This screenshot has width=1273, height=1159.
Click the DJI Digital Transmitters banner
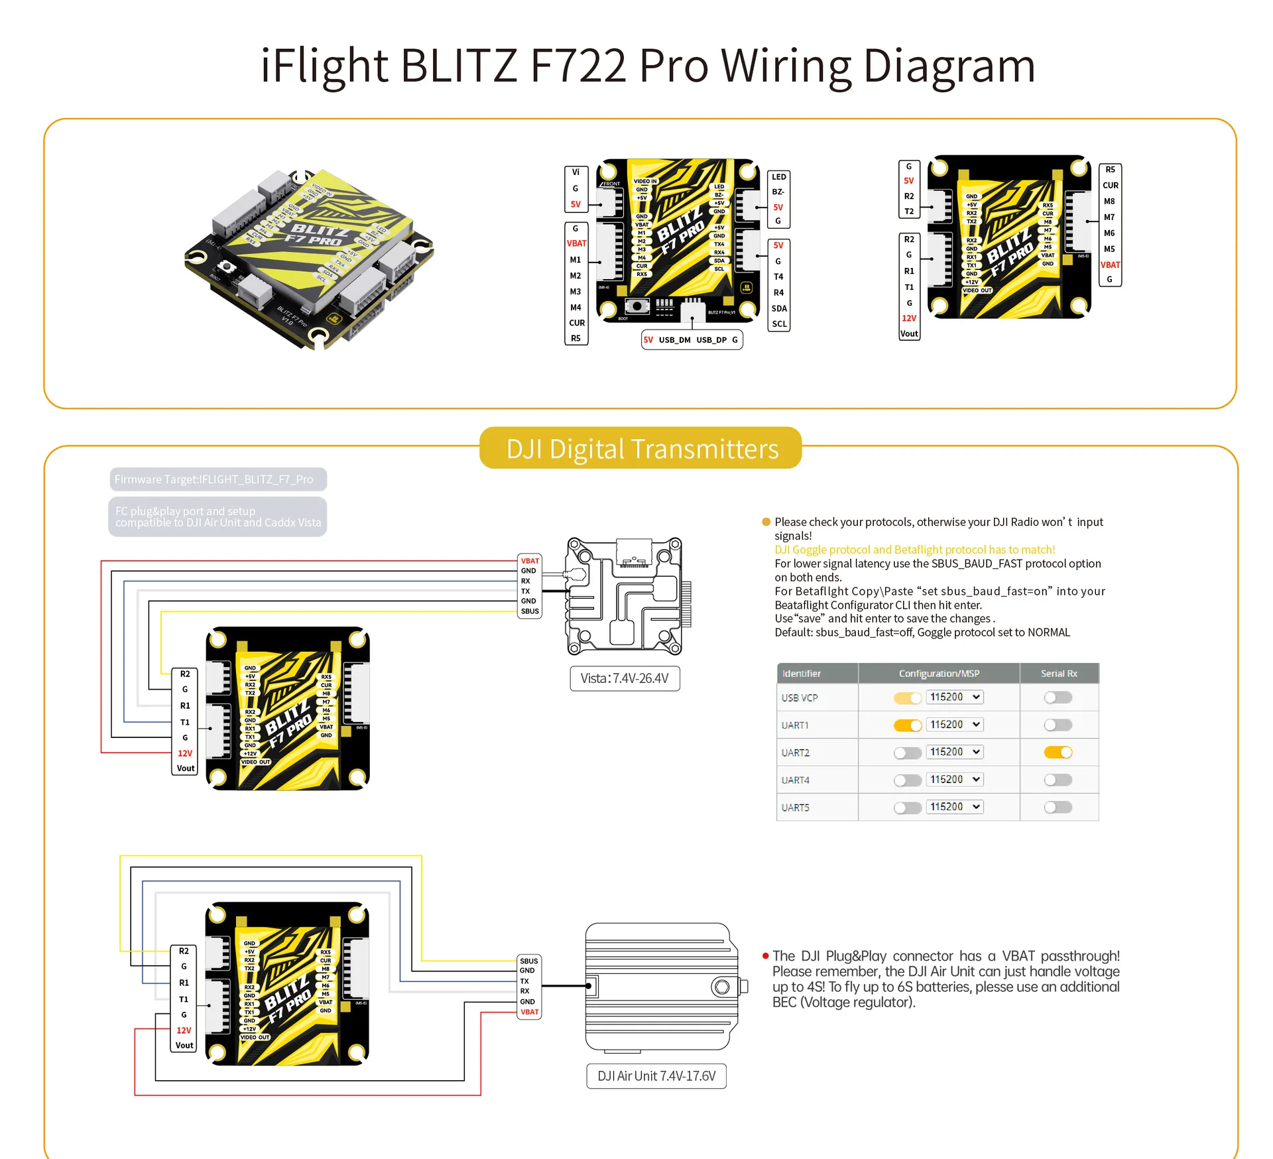(x=640, y=449)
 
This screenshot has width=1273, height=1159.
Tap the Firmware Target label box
(x=218, y=479)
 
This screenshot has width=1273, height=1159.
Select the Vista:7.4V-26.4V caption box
(x=625, y=678)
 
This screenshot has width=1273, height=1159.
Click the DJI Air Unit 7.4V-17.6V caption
(x=656, y=1076)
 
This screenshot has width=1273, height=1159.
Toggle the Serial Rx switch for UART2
(x=1058, y=752)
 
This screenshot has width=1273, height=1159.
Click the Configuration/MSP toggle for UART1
(x=908, y=725)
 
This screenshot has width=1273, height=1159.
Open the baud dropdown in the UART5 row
(x=955, y=807)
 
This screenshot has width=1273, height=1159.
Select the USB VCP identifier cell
(x=800, y=698)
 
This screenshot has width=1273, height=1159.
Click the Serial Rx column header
(x=1059, y=673)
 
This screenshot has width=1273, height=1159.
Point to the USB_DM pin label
(x=674, y=340)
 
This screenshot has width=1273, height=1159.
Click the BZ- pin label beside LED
(x=778, y=192)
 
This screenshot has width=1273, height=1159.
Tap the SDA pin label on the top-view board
(x=779, y=308)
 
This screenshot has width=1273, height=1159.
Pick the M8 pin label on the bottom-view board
(x=1109, y=202)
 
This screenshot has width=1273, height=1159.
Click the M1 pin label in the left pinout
(x=576, y=260)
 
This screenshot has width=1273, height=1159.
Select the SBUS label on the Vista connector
(x=530, y=611)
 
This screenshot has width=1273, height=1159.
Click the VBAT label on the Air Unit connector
(x=530, y=1012)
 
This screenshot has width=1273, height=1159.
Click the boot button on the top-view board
(x=637, y=306)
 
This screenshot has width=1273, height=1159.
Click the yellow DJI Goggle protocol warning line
(x=914, y=550)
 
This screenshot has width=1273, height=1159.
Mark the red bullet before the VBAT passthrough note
(x=766, y=956)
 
